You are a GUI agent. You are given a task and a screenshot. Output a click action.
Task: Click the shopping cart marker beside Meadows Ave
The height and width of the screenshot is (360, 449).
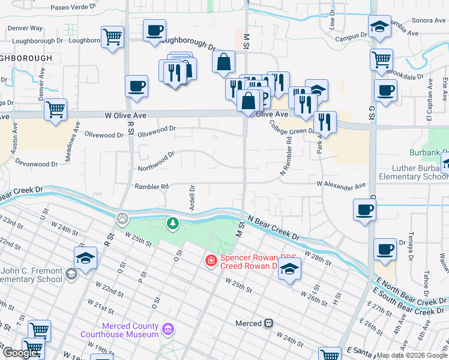(55, 110)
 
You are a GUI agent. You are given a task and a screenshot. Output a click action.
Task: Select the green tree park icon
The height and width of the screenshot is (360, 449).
(173, 224)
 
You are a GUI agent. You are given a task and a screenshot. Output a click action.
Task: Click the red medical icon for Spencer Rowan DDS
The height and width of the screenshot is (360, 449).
(211, 260)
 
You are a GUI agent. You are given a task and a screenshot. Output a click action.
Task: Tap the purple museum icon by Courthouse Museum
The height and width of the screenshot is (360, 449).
(168, 329)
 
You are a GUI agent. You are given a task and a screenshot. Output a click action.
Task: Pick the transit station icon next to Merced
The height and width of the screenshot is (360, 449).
(269, 323)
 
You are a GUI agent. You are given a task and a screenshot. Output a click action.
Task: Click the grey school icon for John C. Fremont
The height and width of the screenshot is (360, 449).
(71, 274)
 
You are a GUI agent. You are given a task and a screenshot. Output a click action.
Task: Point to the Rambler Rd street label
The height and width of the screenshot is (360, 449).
(151, 187)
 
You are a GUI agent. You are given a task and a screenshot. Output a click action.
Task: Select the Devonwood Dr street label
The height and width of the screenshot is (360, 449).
(36, 163)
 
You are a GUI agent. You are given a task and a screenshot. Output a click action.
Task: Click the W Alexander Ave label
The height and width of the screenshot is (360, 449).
(341, 186)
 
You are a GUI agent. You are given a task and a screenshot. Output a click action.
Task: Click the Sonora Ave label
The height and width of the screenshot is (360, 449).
(429, 20)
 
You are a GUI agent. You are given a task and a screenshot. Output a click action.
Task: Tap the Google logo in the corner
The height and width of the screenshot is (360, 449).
(20, 352)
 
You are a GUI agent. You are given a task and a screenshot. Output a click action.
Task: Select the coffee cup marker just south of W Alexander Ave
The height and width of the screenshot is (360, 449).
(363, 211)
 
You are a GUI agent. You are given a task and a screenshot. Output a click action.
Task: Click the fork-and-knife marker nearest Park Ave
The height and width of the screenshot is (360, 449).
(324, 122)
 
